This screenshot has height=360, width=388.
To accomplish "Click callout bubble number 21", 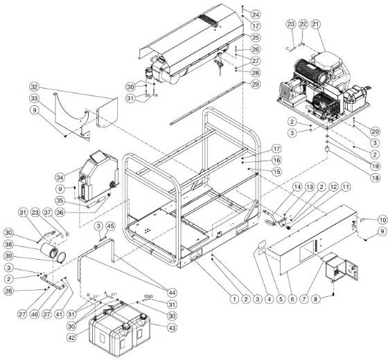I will [317, 24].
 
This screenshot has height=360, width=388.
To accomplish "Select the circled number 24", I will [256, 14].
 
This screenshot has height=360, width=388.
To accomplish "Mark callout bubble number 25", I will [256, 37].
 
